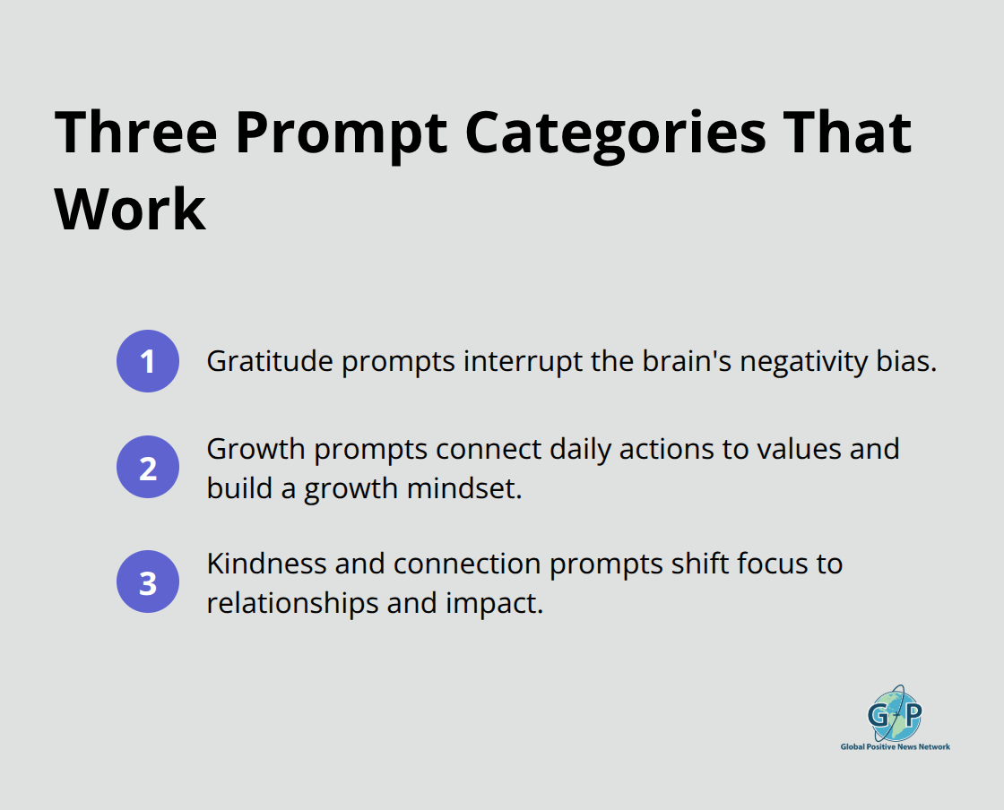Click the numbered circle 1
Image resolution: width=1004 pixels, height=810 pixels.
pyautogui.click(x=148, y=361)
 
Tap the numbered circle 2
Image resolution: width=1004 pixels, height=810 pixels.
pyautogui.click(x=148, y=467)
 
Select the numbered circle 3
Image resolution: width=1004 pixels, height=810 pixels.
pyautogui.click(x=148, y=582)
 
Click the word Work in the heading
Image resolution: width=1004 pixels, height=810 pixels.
pyautogui.click(x=131, y=210)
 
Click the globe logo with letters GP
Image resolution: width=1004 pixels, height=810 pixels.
pyautogui.click(x=895, y=714)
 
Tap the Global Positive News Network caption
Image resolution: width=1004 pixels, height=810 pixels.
pyautogui.click(x=895, y=746)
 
